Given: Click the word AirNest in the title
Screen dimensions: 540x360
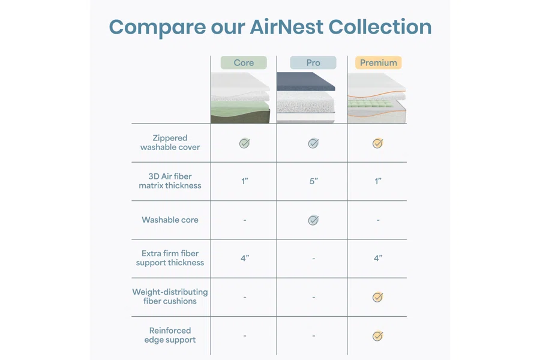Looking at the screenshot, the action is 287,27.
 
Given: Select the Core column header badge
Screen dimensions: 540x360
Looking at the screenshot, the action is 244,62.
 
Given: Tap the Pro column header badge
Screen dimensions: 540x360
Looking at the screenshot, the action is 313,62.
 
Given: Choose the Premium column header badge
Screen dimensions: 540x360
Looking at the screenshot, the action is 379,62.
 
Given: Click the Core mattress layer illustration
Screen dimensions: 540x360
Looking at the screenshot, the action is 241,97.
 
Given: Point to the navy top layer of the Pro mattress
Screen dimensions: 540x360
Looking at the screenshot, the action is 305,82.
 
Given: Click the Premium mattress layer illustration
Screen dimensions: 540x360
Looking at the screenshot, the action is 377,98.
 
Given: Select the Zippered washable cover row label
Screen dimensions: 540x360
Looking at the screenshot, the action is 170,143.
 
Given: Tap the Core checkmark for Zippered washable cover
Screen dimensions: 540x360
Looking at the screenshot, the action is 245,143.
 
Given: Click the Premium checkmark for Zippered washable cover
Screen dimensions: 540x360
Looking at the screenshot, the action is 378,143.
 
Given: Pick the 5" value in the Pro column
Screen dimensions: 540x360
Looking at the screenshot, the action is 313,181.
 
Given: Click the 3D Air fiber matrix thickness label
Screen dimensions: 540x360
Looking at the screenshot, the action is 170,181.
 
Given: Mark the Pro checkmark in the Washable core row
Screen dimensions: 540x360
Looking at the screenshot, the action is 313,220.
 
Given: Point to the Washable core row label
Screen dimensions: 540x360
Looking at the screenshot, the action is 170,220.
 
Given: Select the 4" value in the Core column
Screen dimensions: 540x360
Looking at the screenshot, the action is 245,258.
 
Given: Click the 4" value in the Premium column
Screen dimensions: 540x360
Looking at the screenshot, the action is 378,258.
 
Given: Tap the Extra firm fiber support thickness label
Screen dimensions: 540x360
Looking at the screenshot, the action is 170,258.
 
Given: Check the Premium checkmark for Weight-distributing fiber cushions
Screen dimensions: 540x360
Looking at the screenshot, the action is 378,297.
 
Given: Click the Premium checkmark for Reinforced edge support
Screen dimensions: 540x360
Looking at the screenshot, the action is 378,336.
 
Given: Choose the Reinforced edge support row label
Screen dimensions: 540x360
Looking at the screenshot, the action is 170,335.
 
